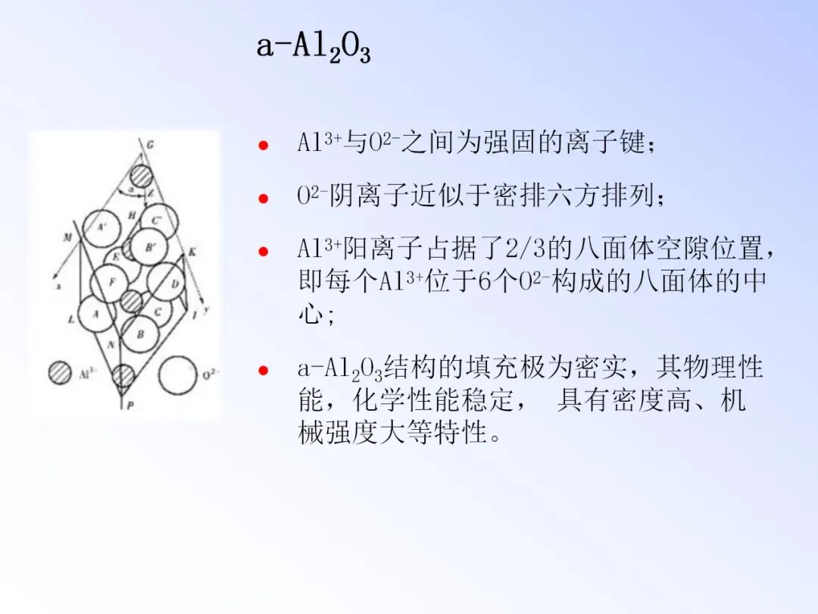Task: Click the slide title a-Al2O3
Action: click(313, 47)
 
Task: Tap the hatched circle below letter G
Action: click(140, 176)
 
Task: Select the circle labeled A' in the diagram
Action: click(102, 227)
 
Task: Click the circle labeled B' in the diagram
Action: click(148, 246)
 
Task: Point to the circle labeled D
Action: click(166, 281)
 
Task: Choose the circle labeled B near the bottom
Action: click(139, 333)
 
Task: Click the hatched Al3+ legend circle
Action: click(60, 373)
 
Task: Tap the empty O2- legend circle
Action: click(176, 374)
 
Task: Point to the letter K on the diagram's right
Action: click(192, 251)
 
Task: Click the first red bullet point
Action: click(263, 145)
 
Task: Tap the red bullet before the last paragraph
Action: click(263, 371)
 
